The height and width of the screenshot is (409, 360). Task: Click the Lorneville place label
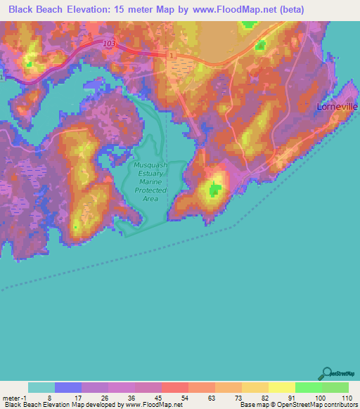pos(336,108)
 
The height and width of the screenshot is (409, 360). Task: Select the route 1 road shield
pos(171,54)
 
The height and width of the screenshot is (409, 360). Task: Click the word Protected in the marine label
pos(150,190)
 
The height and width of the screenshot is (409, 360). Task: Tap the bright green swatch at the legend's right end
pos(335,387)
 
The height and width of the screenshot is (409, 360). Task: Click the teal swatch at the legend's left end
pos(41,387)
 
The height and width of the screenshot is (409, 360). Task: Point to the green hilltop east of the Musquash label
pos(214,188)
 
